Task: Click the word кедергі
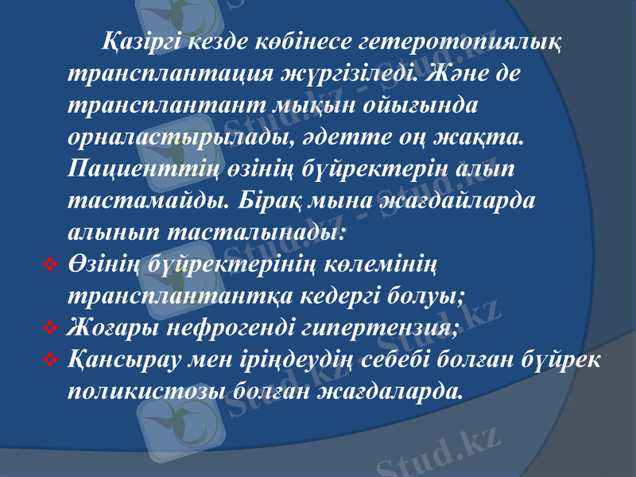point(351,298)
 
